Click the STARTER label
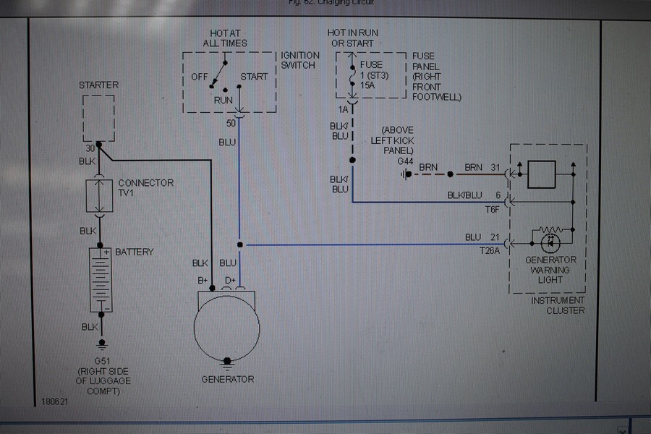pyautogui.click(x=98, y=85)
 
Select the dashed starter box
pyautogui.click(x=98, y=118)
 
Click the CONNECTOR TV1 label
pyautogui.click(x=145, y=188)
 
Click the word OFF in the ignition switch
pyautogui.click(x=200, y=77)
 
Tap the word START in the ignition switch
pyautogui.click(x=254, y=77)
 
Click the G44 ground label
pyautogui.click(x=405, y=161)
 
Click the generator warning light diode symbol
pyautogui.click(x=550, y=239)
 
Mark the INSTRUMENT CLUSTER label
pyautogui.click(x=558, y=305)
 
